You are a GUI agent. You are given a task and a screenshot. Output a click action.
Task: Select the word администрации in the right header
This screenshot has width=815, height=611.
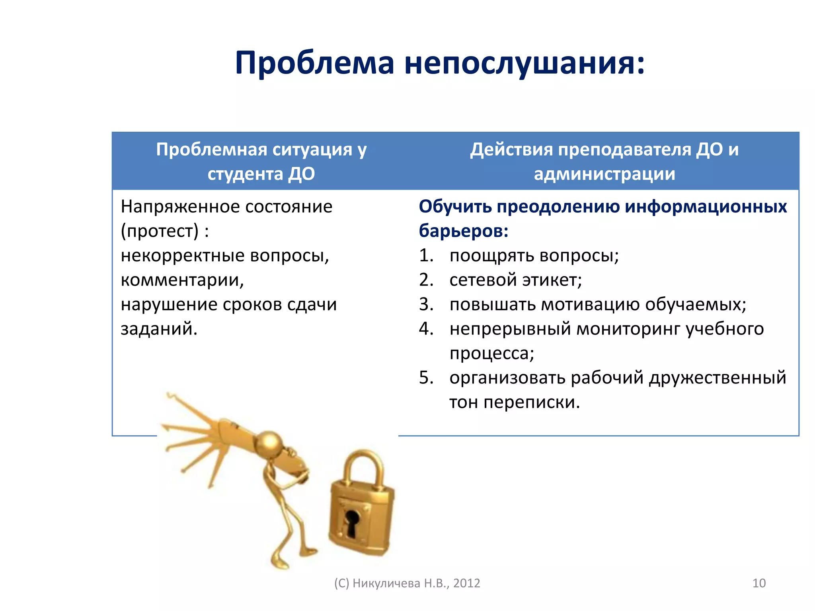coord(604,174)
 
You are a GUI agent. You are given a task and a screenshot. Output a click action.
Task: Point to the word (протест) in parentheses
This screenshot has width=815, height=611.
coord(160,231)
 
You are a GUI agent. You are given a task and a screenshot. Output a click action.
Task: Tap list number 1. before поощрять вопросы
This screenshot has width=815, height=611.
coord(426,255)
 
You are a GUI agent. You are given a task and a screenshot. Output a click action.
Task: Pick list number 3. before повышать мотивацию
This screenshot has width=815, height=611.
coord(426,305)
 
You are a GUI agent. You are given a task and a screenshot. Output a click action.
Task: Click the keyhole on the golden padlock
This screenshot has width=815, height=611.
coord(352,522)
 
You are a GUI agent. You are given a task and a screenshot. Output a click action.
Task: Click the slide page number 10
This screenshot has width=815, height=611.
coord(759,583)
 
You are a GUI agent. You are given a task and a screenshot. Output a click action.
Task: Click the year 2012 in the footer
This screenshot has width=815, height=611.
coord(467,583)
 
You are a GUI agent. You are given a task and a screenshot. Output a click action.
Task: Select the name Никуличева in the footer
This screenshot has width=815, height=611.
coord(386,583)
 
